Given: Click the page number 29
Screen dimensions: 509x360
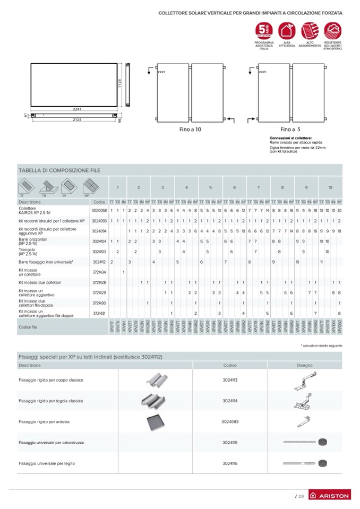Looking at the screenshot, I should pyautogui.click(x=299, y=496).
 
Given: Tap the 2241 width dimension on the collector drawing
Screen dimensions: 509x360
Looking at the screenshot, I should pyautogui.click(x=77, y=109).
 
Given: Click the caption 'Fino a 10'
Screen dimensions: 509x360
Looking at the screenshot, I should pyautogui.click(x=191, y=129).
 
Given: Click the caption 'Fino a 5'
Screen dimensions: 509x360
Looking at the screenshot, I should pyautogui.click(x=290, y=129).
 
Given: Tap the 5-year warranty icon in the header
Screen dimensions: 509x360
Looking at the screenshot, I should pyautogui.click(x=264, y=30).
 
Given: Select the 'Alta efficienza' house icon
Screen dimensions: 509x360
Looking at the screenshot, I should pyautogui.click(x=287, y=30).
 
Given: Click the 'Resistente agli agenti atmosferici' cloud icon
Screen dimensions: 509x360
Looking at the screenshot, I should pyautogui.click(x=332, y=30).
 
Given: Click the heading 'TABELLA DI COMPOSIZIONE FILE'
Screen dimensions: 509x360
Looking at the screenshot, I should pyautogui.click(x=59, y=170).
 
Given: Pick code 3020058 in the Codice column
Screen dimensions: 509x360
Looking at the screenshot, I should pyautogui.click(x=99, y=211).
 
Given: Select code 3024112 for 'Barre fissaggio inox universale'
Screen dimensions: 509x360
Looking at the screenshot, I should pyautogui.click(x=99, y=262).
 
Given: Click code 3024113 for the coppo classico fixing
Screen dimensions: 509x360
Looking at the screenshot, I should pyautogui.click(x=230, y=380).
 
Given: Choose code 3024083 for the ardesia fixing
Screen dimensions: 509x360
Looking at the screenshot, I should pyautogui.click(x=230, y=421).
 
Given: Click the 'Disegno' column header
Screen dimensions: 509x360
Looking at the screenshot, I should pyautogui.click(x=305, y=365).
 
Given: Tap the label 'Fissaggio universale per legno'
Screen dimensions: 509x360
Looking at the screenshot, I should pyautogui.click(x=47, y=463).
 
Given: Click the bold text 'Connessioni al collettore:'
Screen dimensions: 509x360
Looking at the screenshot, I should pyautogui.click(x=291, y=138).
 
